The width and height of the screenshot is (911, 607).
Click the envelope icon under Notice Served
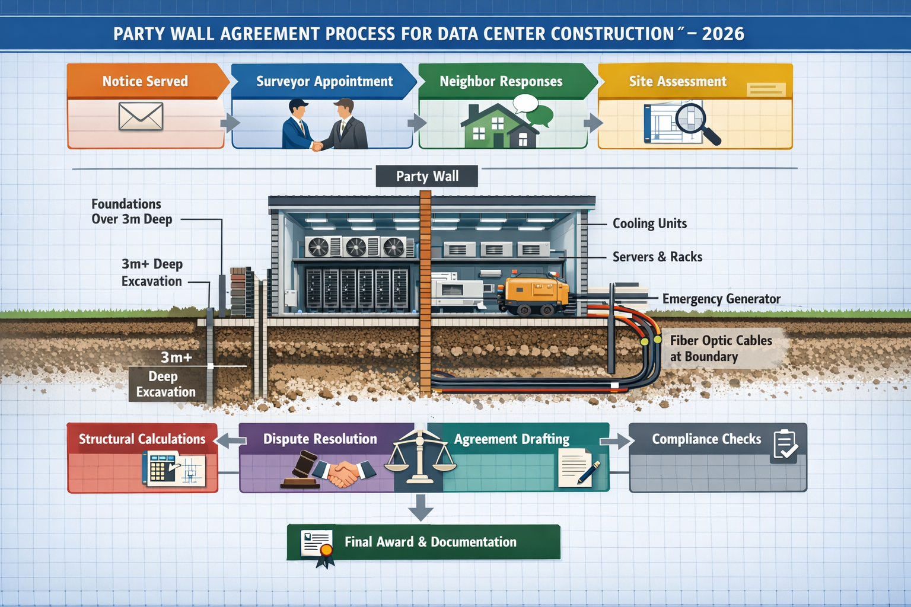pos(141,116)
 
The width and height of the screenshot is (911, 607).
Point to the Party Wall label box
pos(427,176)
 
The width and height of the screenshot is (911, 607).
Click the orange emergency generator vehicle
pos(533,293)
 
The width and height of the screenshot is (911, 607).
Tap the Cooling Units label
pos(649,223)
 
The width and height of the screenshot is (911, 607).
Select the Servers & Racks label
pos(657,257)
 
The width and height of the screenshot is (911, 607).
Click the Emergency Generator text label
pos(721,299)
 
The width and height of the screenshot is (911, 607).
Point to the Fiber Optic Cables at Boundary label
pos(721,349)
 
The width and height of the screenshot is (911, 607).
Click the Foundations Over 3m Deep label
pos(131,212)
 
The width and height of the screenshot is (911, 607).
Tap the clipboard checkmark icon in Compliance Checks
pos(785,446)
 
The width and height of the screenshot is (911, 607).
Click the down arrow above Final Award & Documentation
pos(421,507)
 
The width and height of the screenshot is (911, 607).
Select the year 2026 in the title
pos(723,34)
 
